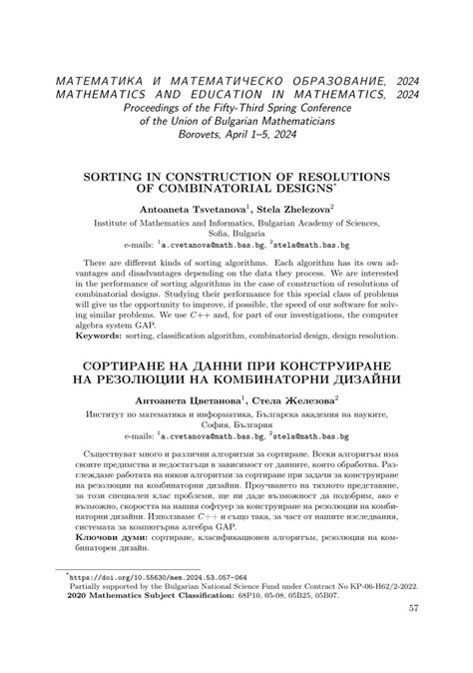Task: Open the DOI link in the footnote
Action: coord(135,576)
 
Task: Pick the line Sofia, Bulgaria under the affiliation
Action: coord(236,233)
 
